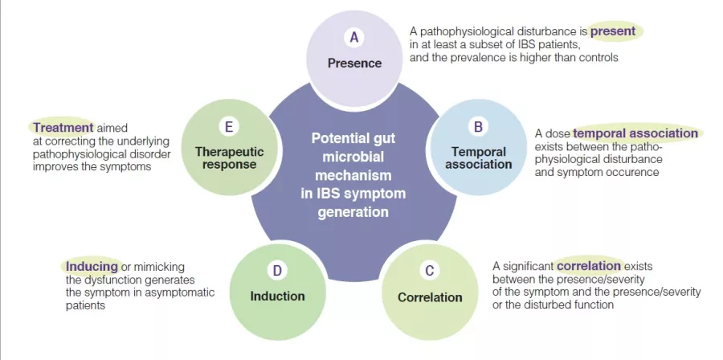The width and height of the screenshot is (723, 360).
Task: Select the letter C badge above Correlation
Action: click(430, 271)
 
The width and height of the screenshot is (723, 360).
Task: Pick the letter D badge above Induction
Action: click(277, 271)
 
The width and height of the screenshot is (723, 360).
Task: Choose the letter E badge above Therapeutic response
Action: click(229, 126)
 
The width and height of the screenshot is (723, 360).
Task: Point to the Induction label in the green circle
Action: click(277, 296)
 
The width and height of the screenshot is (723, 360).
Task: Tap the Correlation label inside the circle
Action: click(430, 297)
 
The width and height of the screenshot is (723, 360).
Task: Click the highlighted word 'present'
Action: click(613, 31)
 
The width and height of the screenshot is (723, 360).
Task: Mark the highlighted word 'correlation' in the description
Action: click(589, 265)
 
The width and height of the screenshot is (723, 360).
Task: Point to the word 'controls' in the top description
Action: click(596, 58)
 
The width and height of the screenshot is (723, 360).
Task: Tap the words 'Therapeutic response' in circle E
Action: click(229, 157)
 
